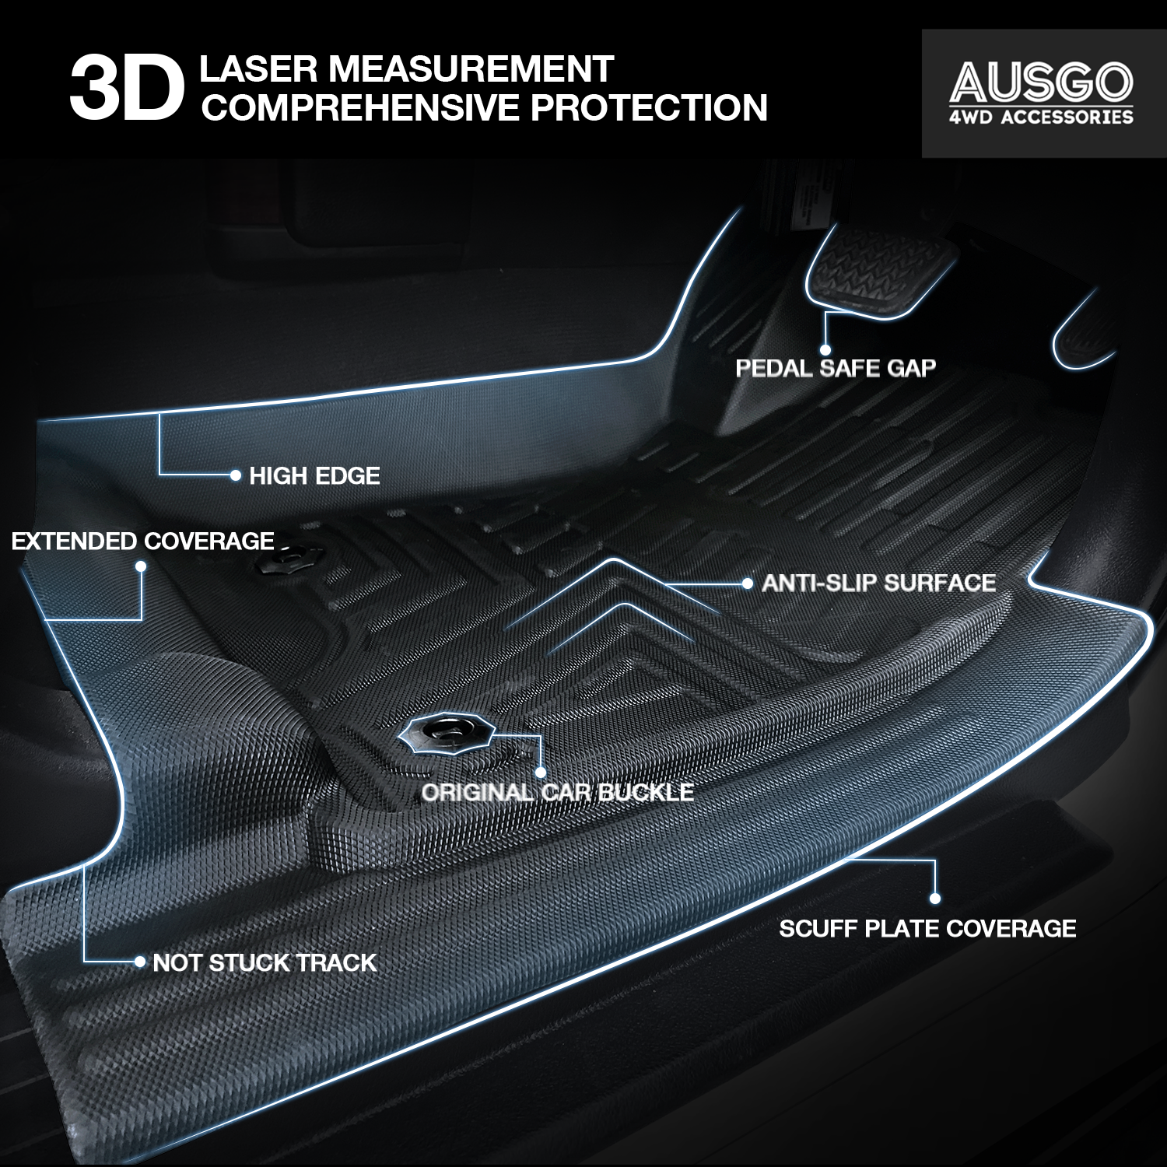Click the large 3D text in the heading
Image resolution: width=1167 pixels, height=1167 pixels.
(127, 88)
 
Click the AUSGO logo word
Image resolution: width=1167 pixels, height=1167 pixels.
(1041, 81)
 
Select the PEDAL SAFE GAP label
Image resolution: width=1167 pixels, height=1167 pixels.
(836, 368)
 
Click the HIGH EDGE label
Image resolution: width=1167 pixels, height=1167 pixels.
(314, 476)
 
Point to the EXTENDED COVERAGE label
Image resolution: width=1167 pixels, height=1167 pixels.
(142, 541)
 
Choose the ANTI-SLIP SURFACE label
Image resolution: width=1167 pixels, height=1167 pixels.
(878, 583)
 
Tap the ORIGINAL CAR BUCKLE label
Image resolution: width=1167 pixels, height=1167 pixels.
(558, 793)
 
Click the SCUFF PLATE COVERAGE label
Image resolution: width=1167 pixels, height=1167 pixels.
(927, 929)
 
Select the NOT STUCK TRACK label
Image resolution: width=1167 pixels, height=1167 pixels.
(265, 963)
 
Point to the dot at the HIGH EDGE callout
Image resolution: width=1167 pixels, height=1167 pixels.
(236, 475)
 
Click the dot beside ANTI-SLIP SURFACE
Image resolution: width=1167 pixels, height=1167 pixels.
(748, 583)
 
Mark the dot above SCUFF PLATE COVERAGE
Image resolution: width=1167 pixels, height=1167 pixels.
(935, 899)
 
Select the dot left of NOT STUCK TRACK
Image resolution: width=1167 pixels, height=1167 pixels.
(140, 962)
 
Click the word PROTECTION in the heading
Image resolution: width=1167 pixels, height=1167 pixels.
(649, 107)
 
